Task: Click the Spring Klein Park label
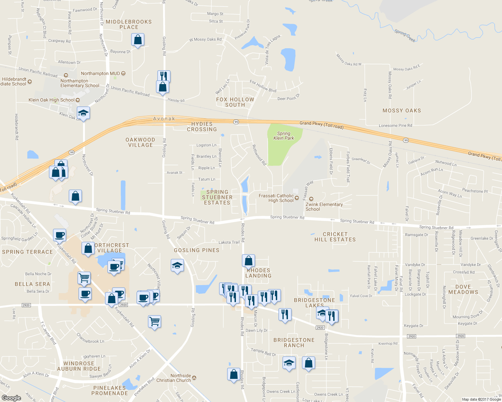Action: pos(284,136)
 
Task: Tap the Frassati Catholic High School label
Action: pos(276,198)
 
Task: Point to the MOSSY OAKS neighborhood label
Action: pos(402,111)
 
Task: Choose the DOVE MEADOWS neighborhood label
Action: pos(463,289)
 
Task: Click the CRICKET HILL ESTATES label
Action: pos(335,237)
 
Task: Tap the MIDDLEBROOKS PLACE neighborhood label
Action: pos(129,24)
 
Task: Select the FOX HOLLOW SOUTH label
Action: pos(235,102)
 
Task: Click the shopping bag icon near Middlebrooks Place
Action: pos(138,40)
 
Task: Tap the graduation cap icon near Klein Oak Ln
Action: pos(83,113)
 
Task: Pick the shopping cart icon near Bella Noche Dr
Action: pos(84,277)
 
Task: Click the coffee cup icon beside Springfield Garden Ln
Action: pos(60,235)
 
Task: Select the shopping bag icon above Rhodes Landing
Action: pos(248,260)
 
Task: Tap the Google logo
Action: pos(11,398)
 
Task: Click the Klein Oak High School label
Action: pos(52,100)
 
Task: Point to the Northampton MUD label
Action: pos(100,73)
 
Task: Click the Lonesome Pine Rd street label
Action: pos(395,126)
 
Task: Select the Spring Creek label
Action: pos(405,36)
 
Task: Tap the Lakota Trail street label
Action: pos(229,242)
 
